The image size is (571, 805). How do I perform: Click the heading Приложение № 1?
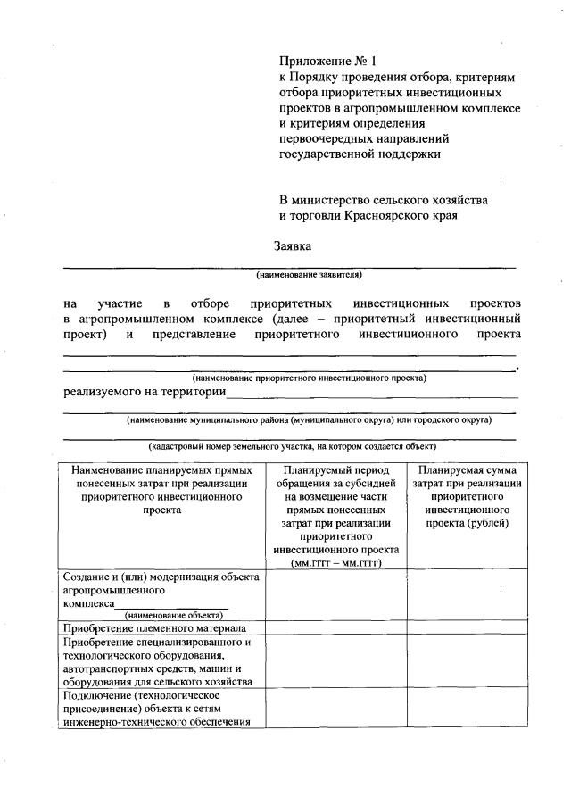[x=329, y=62]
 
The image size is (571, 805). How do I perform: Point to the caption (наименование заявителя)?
[x=309, y=275]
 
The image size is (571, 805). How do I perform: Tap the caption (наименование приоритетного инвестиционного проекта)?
[x=309, y=378]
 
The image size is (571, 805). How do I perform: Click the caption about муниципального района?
[x=309, y=419]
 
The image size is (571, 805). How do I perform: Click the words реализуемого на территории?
[x=143, y=391]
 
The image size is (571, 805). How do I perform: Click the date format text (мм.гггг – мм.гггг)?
[x=335, y=563]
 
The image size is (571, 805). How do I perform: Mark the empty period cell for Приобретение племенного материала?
[x=335, y=628]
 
